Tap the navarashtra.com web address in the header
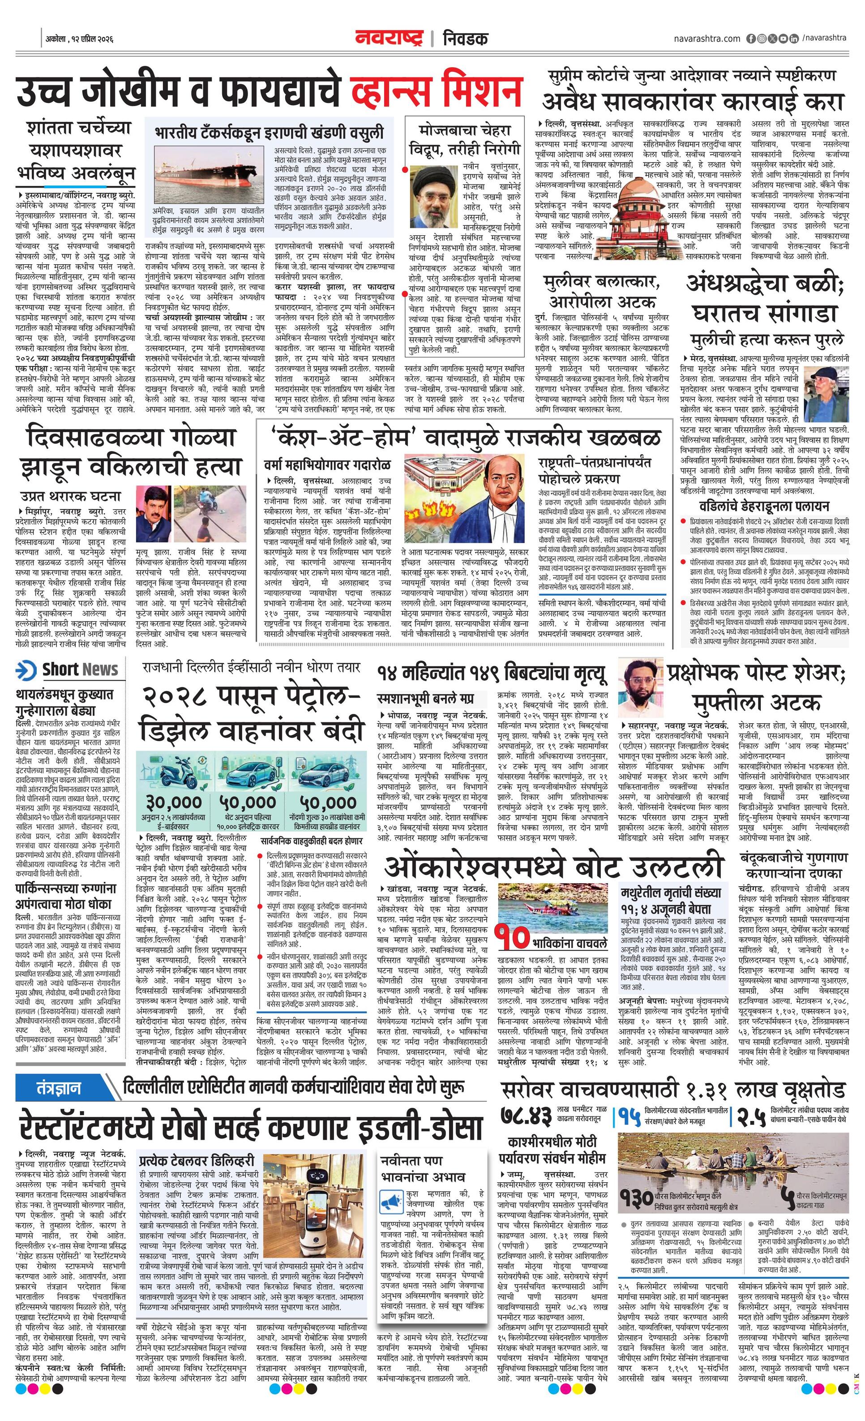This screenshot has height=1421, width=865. click(707, 38)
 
